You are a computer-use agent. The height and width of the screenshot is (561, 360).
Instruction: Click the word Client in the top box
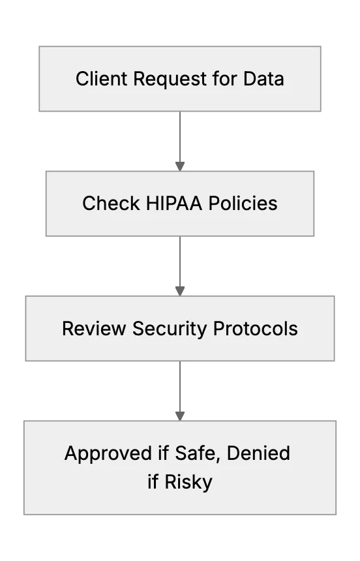101,79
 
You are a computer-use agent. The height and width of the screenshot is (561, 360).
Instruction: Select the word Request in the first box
170,80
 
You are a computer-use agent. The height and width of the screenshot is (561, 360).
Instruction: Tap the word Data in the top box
263,79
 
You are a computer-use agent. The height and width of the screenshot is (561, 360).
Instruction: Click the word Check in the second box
111,204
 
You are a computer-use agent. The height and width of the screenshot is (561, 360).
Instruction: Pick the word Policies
243,204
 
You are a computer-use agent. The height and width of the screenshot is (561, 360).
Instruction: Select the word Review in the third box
94,328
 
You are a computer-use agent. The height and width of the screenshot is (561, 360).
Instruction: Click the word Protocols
256,328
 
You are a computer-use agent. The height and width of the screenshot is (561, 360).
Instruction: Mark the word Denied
258,453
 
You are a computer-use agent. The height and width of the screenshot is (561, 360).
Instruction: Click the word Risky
188,482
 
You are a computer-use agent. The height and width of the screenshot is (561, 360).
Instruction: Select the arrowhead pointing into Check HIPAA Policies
180,166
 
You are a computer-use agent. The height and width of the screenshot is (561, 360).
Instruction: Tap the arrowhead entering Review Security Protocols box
180,291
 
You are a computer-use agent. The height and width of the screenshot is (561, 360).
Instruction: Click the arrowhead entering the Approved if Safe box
180,416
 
